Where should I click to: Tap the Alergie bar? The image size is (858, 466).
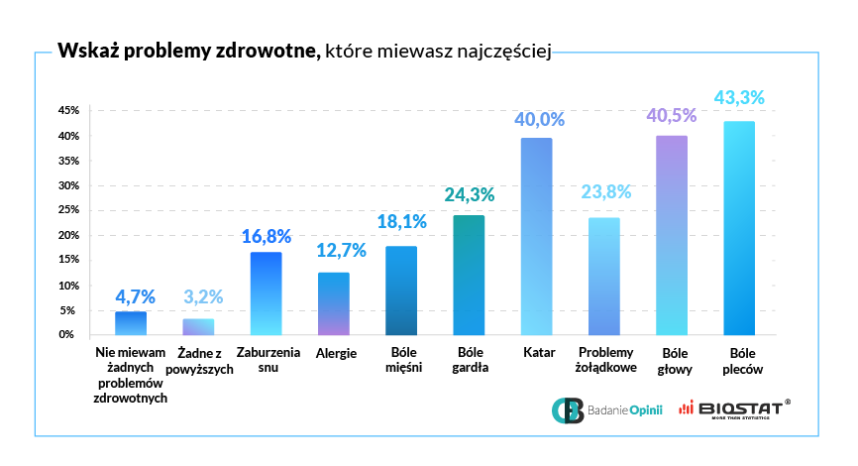333,303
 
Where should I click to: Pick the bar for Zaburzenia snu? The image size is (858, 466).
266,293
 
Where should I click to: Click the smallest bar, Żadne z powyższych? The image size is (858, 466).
198,326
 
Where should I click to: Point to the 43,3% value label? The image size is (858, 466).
739,98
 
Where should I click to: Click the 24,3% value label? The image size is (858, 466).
469,195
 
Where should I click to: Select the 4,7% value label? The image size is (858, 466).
131,294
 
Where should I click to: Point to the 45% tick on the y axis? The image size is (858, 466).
67,110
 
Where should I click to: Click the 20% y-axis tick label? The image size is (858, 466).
67,235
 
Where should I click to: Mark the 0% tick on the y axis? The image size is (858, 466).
69,335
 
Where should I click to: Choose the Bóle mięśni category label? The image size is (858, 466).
400,360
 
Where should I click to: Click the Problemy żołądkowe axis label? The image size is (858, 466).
603,360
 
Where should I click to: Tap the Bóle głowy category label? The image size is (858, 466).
671,360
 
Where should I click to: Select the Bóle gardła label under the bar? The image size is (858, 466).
469,360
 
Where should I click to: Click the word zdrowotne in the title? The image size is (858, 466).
268,52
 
